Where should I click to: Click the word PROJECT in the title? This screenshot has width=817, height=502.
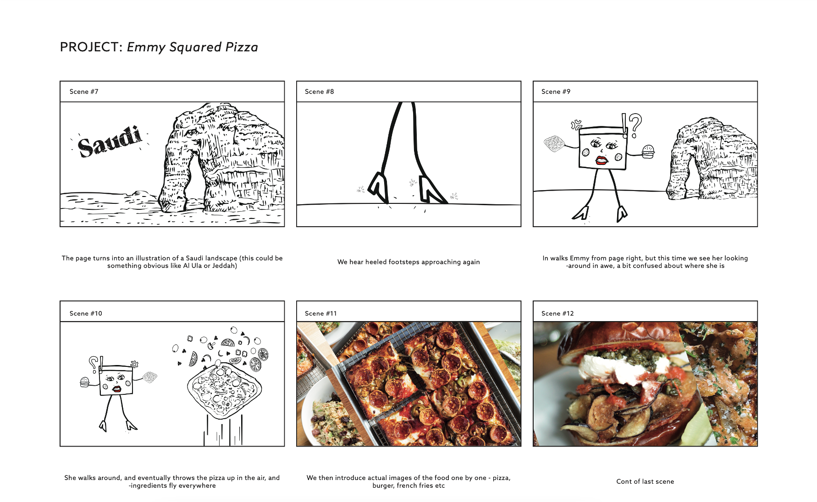click(x=89, y=47)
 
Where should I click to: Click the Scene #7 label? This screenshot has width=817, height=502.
click(x=84, y=92)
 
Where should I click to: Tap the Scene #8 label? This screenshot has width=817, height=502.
click(x=320, y=92)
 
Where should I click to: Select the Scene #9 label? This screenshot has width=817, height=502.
click(x=556, y=92)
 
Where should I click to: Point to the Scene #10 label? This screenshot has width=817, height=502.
click(x=86, y=313)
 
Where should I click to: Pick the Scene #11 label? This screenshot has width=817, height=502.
click(x=321, y=313)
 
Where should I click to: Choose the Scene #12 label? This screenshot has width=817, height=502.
click(x=558, y=313)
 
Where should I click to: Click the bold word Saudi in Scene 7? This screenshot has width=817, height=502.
click(x=110, y=141)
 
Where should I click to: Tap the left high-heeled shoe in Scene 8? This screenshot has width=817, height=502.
click(x=378, y=186)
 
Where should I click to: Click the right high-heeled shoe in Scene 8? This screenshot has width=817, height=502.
click(x=430, y=190)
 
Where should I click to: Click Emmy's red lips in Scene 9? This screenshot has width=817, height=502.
click(x=601, y=160)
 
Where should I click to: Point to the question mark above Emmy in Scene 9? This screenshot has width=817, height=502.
click(x=635, y=125)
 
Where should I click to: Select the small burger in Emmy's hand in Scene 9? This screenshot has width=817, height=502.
click(x=648, y=152)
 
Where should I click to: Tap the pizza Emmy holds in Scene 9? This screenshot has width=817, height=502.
click(x=554, y=144)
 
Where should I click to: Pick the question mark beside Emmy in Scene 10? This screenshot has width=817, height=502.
click(x=93, y=363)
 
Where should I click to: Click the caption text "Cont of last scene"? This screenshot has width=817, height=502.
click(x=645, y=481)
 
